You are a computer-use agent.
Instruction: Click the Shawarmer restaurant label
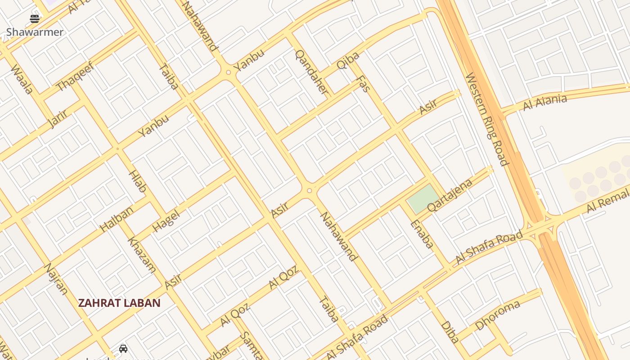point(35,32)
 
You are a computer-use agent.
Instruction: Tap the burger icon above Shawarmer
point(35,19)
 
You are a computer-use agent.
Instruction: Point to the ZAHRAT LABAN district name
point(119,303)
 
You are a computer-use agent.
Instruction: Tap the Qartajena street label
point(450,195)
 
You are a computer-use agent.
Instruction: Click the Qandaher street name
point(311,72)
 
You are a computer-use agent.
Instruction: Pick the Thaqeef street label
point(75,76)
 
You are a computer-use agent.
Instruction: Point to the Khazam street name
point(142,255)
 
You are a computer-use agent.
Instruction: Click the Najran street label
point(56,279)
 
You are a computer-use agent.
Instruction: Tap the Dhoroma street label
point(497,315)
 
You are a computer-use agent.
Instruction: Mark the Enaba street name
point(422,234)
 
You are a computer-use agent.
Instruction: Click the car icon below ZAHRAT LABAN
point(123,349)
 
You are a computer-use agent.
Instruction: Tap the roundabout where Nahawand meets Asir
point(309,191)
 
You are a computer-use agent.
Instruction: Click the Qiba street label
point(348,60)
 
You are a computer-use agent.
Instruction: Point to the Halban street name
point(117,219)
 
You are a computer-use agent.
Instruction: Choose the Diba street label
point(450,332)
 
